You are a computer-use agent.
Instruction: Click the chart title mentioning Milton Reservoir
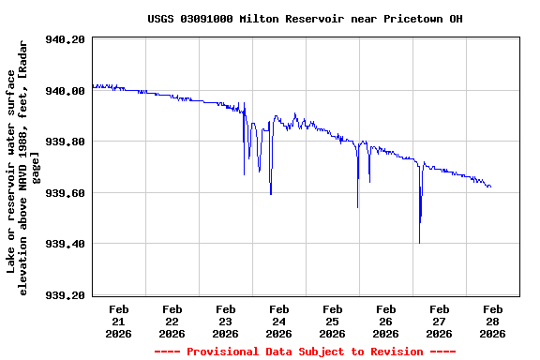point(305,19)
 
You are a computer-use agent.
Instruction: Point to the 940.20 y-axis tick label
point(66,40)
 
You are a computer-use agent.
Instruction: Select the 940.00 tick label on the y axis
point(66,91)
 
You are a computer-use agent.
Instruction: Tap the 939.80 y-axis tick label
point(66,142)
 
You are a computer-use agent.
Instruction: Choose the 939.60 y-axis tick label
point(66,193)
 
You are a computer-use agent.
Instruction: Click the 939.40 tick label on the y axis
point(66,245)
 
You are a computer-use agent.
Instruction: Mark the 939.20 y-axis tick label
point(66,295)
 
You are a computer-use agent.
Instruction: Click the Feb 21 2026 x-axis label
point(119,321)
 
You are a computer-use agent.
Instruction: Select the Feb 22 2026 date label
point(172,321)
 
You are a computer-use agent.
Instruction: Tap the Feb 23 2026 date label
point(226,321)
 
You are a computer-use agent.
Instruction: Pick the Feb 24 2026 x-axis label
point(278,321)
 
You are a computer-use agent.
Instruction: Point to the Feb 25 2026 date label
point(332,321)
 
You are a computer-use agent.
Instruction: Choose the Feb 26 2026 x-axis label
point(385,321)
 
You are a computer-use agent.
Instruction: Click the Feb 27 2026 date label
point(439,321)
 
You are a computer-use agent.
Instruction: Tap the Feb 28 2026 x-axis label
point(492,321)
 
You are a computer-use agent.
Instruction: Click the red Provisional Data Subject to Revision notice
point(305,352)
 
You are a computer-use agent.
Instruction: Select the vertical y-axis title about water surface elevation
point(24,169)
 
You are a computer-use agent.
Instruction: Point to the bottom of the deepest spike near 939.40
point(419,242)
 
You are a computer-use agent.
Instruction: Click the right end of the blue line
point(490,187)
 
